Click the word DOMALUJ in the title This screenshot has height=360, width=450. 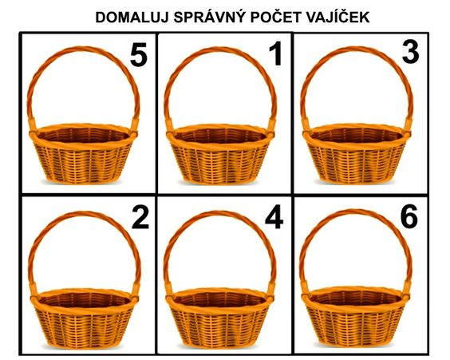(132, 18)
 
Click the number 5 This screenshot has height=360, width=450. (139, 55)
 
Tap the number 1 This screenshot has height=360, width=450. (275, 54)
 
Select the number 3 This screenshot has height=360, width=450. (410, 53)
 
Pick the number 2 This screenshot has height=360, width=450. (140, 218)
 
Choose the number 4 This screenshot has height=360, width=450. (274, 217)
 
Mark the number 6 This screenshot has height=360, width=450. (409, 217)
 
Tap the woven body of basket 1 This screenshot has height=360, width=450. (219, 163)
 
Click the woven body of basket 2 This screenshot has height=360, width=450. (84, 327)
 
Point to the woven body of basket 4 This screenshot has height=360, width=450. (219, 327)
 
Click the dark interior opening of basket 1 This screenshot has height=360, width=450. (219, 135)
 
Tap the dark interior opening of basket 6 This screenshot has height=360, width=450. (355, 298)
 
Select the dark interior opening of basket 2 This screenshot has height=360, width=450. (84, 299)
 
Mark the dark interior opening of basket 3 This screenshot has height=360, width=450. (356, 134)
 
